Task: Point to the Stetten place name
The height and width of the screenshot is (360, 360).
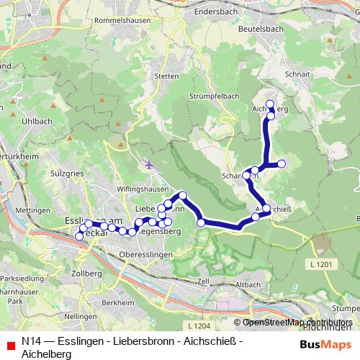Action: click(166, 76)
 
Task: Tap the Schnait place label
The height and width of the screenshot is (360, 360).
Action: click(297, 74)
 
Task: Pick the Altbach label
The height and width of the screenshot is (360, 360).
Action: click(248, 285)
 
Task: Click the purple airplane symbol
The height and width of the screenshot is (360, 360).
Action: click(149, 165)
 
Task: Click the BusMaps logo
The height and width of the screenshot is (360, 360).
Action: click(325, 344)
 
